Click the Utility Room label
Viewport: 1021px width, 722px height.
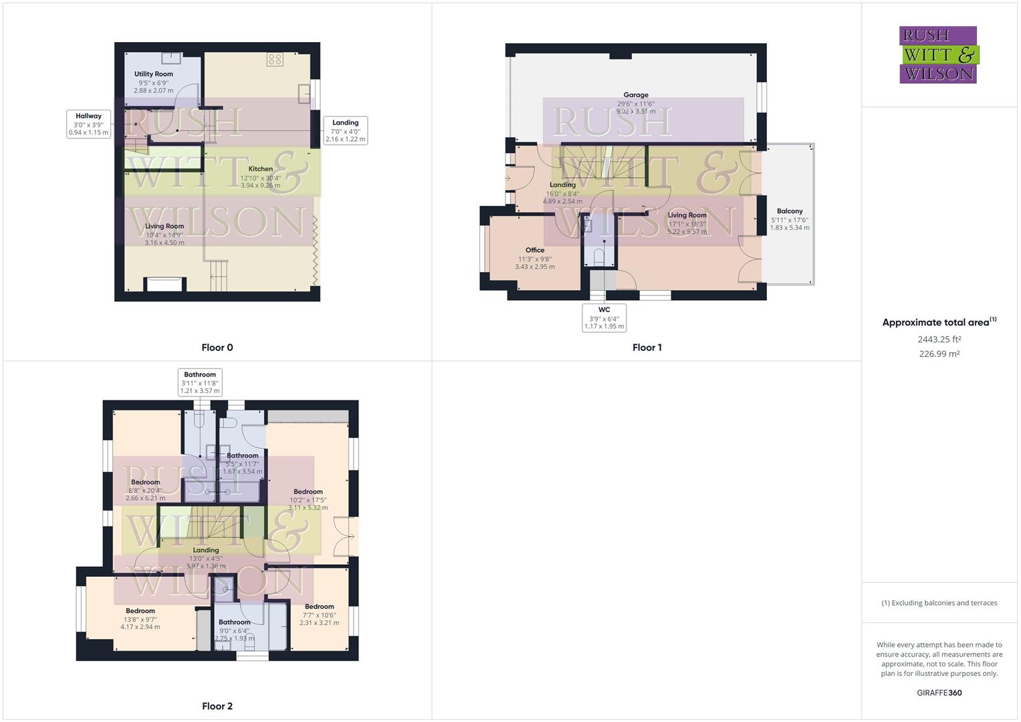(x=153, y=74)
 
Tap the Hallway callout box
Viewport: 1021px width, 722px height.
(x=88, y=124)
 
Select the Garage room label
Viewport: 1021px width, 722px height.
(x=636, y=95)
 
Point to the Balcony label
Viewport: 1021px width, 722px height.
(x=790, y=211)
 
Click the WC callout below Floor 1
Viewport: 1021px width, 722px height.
(x=604, y=318)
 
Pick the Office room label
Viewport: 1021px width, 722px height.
(x=535, y=250)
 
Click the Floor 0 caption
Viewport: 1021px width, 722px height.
(x=217, y=348)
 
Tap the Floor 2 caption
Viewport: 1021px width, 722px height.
(x=217, y=706)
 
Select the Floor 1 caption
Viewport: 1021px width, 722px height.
(x=647, y=348)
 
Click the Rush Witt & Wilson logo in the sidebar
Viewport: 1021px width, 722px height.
(x=938, y=55)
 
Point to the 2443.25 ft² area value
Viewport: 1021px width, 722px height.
(x=939, y=340)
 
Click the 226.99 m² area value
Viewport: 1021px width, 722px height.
(x=939, y=354)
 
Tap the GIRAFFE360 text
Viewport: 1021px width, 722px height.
(x=939, y=693)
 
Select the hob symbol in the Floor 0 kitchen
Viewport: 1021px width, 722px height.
(x=274, y=59)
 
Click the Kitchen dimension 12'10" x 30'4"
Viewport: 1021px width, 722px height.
(x=261, y=178)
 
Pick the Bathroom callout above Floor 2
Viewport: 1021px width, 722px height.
(x=200, y=382)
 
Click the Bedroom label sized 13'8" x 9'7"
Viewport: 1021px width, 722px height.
(x=140, y=611)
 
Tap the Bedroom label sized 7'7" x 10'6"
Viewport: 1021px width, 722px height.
(x=319, y=607)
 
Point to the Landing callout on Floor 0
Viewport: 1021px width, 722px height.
(x=345, y=131)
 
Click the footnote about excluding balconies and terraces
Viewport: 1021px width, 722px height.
(x=939, y=603)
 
